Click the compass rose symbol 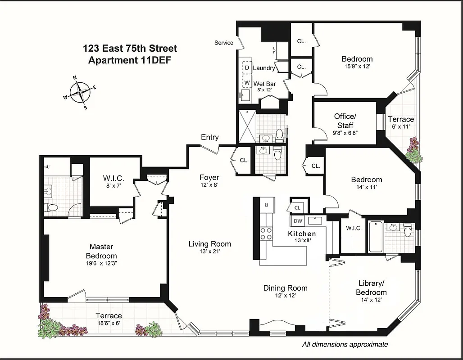tap(80, 92)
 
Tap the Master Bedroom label tap(101, 251)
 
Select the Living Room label tap(209, 244)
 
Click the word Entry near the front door tap(209, 137)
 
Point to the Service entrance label tap(223, 43)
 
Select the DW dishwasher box tap(298, 220)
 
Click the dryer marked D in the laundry tap(246, 68)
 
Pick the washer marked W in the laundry tap(246, 82)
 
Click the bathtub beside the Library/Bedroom tap(376, 237)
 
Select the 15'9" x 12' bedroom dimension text tap(357, 67)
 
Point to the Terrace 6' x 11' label tap(400, 123)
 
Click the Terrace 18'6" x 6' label tap(108, 319)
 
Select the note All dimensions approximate tap(345, 344)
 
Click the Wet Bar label tap(264, 84)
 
